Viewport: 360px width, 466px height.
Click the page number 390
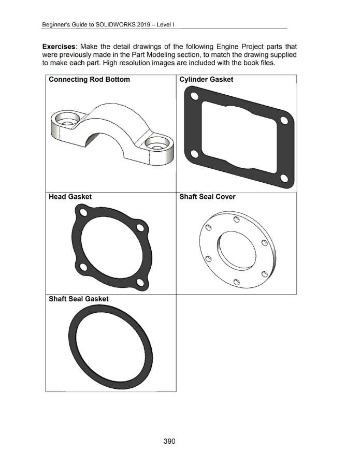click(169, 441)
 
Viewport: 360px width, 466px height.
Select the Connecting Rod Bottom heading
click(89, 80)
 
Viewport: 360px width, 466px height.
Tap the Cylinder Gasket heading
click(206, 80)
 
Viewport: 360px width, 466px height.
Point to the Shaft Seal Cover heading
click(207, 197)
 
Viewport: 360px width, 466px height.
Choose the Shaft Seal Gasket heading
click(78, 299)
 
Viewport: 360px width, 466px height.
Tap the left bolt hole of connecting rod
click(66, 118)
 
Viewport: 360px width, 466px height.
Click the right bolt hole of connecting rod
click(155, 142)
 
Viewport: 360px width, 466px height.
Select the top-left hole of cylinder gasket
click(194, 96)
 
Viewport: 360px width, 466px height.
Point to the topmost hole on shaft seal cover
click(236, 220)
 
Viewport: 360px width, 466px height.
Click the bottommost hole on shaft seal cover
click(236, 282)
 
